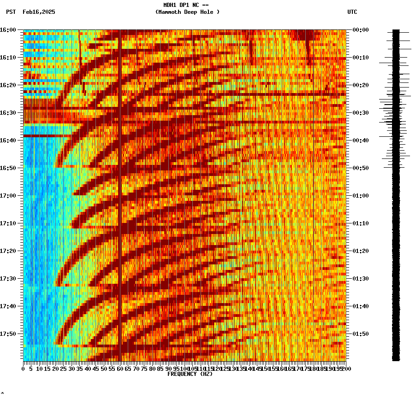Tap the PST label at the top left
pos(11,12)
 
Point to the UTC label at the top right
pos(352,12)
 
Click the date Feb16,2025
pos(39,12)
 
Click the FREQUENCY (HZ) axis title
pos(190,374)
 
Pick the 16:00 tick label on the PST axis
pos(8,30)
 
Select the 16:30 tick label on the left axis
pos(8,113)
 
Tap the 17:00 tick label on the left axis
pos(8,196)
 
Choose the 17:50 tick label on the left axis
pos(8,334)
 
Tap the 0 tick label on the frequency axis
pos(24,369)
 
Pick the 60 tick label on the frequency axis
pos(120,369)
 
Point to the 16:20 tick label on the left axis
pos(8,85)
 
